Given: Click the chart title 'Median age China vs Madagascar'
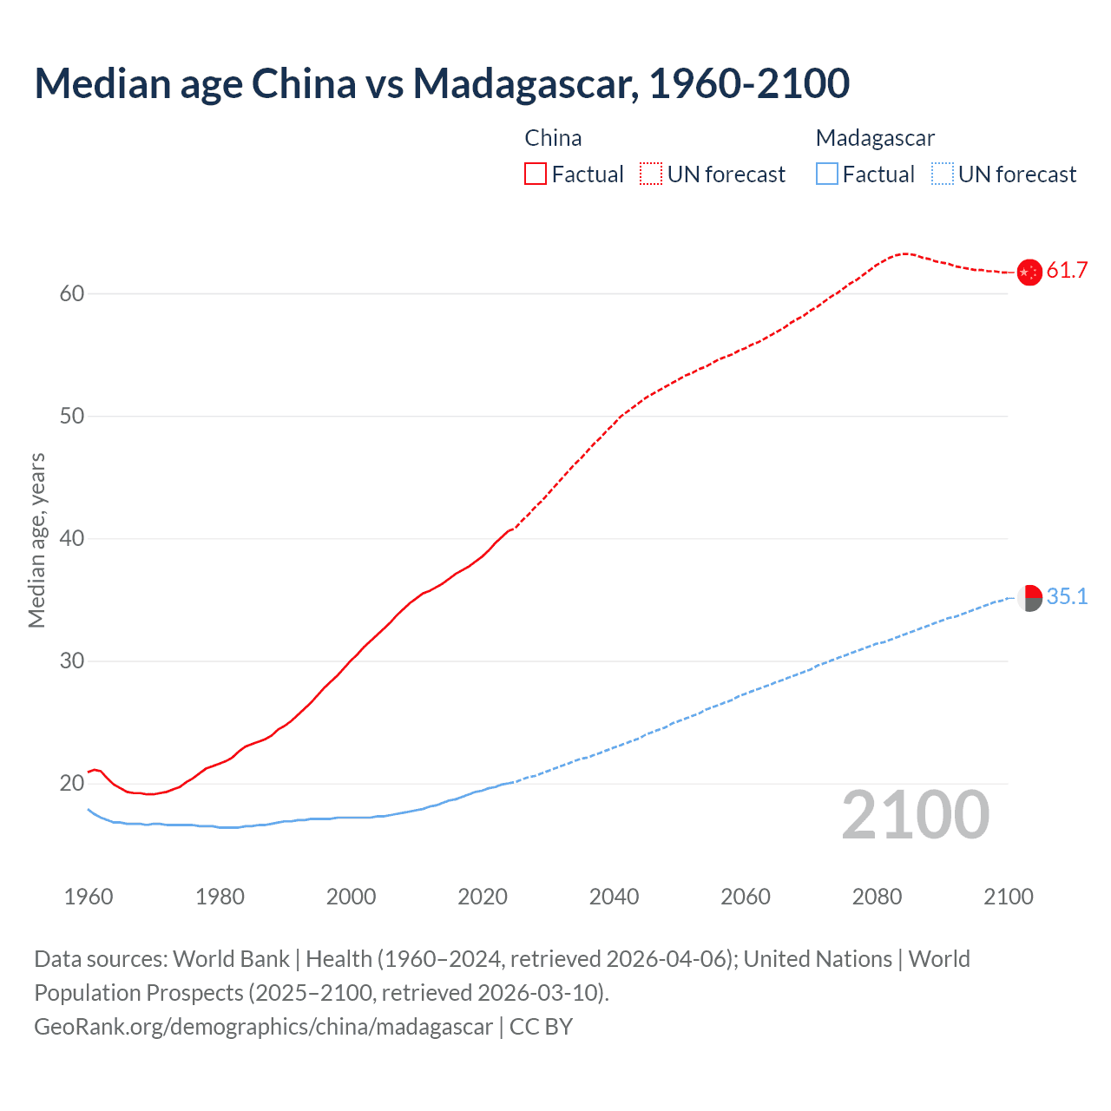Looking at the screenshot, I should pyautogui.click(x=441, y=83).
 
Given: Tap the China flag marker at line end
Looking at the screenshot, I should pyautogui.click(x=1029, y=272).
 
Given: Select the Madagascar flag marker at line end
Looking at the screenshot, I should pyautogui.click(x=1029, y=597).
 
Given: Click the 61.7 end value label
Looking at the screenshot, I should pyautogui.click(x=1067, y=271).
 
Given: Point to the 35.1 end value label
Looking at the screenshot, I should pyautogui.click(x=1067, y=596).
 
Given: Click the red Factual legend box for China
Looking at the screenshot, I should pyautogui.click(x=536, y=174).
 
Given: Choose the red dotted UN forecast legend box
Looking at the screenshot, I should pyautogui.click(x=651, y=174).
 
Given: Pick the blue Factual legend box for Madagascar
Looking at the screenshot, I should pyautogui.click(x=827, y=174).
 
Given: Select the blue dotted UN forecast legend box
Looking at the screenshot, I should pyautogui.click(x=943, y=174).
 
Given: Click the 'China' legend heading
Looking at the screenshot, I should pyautogui.click(x=553, y=138).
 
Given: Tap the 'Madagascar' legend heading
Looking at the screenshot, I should pyautogui.click(x=875, y=138).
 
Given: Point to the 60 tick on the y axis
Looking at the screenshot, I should pyautogui.click(x=72, y=293).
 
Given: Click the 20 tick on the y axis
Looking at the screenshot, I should pyautogui.click(x=72, y=783).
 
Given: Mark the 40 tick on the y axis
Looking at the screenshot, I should pyautogui.click(x=72, y=538).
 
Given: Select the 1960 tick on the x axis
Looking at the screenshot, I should pyautogui.click(x=89, y=897).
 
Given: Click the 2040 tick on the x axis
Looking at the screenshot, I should pyautogui.click(x=614, y=897).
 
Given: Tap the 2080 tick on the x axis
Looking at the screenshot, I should pyautogui.click(x=877, y=897).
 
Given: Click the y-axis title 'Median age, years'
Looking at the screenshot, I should pyautogui.click(x=36, y=540).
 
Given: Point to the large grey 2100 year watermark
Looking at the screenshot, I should pyautogui.click(x=915, y=815).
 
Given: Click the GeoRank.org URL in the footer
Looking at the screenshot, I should pyautogui.click(x=263, y=1027).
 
